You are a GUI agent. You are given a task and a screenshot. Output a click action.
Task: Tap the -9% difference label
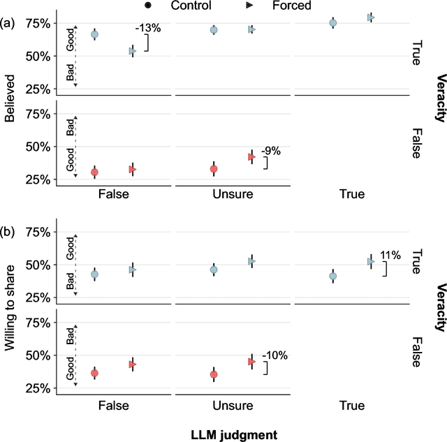pyautogui.click(x=271, y=150)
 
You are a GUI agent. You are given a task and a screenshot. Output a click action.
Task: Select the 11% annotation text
pyautogui.click(x=390, y=256)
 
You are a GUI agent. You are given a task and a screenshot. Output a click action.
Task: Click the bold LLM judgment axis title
pyautogui.click(x=234, y=434)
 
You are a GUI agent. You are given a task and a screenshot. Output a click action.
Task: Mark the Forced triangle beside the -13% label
pyautogui.click(x=132, y=51)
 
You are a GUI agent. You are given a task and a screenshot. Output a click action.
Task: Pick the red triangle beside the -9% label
pyautogui.click(x=252, y=157)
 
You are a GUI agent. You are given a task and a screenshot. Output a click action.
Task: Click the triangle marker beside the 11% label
pyautogui.click(x=372, y=261)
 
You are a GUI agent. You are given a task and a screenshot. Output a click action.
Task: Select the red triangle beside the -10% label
pyautogui.click(x=252, y=362)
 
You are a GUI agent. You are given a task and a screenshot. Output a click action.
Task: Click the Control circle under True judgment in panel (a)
pyautogui.click(x=333, y=23)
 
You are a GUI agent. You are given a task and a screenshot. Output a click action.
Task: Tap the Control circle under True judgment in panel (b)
pyautogui.click(x=333, y=277)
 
